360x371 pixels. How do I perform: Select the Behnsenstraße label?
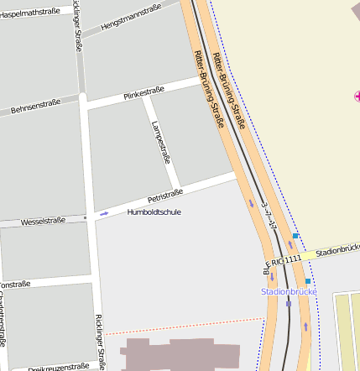tap(36, 105)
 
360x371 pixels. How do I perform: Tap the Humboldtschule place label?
tap(154, 212)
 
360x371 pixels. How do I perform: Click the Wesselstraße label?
tap(43, 222)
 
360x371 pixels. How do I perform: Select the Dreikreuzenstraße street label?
tap(58, 367)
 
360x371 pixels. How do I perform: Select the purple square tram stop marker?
tap(289, 304)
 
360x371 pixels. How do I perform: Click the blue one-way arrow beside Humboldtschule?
tap(104, 214)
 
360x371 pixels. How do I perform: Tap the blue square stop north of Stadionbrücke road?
tap(295, 236)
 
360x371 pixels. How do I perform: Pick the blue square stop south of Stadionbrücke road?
tap(308, 281)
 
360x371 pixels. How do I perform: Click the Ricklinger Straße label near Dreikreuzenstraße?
tap(100, 342)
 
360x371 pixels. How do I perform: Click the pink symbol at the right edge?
tap(357, 97)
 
